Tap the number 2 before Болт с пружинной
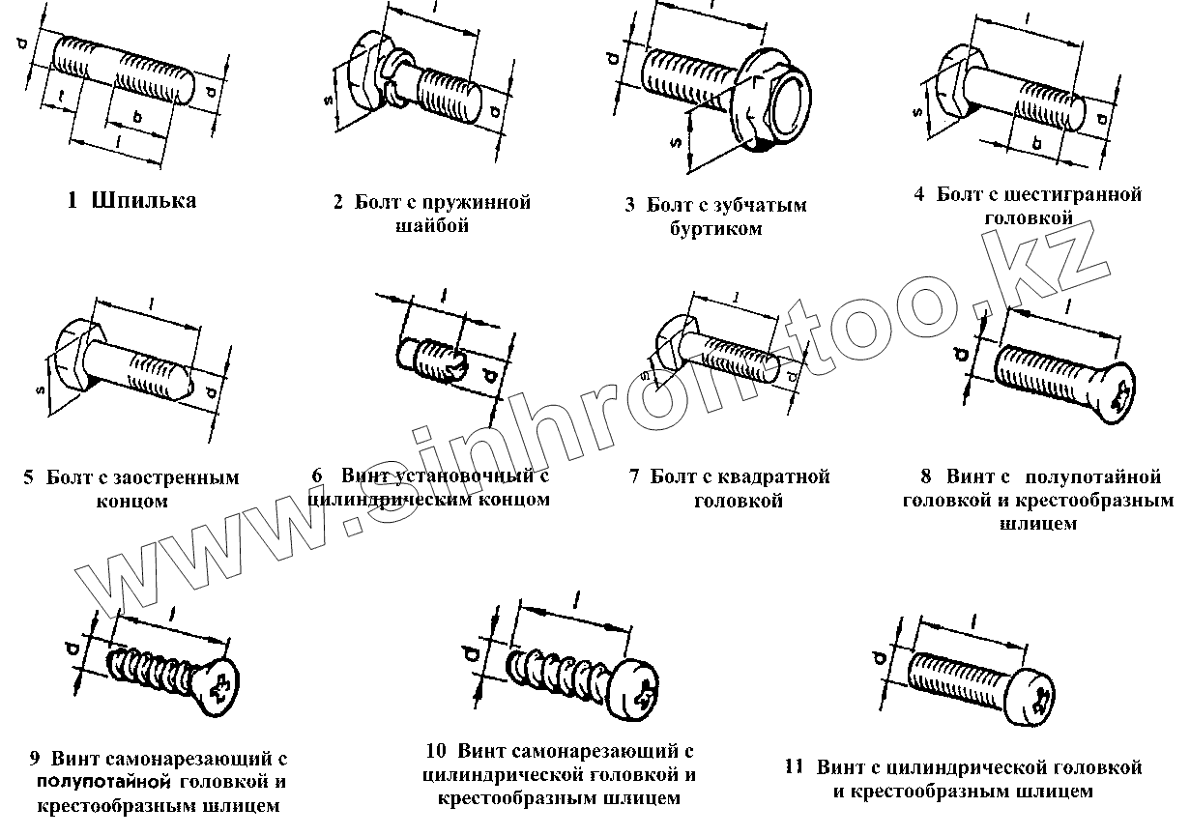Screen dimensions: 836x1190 (x=338, y=203)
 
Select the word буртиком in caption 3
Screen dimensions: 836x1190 (x=714, y=229)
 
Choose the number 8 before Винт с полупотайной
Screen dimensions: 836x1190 (x=926, y=476)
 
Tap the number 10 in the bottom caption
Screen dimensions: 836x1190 (x=435, y=751)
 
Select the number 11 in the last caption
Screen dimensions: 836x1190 (x=795, y=768)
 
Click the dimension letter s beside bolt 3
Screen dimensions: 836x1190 (x=677, y=142)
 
